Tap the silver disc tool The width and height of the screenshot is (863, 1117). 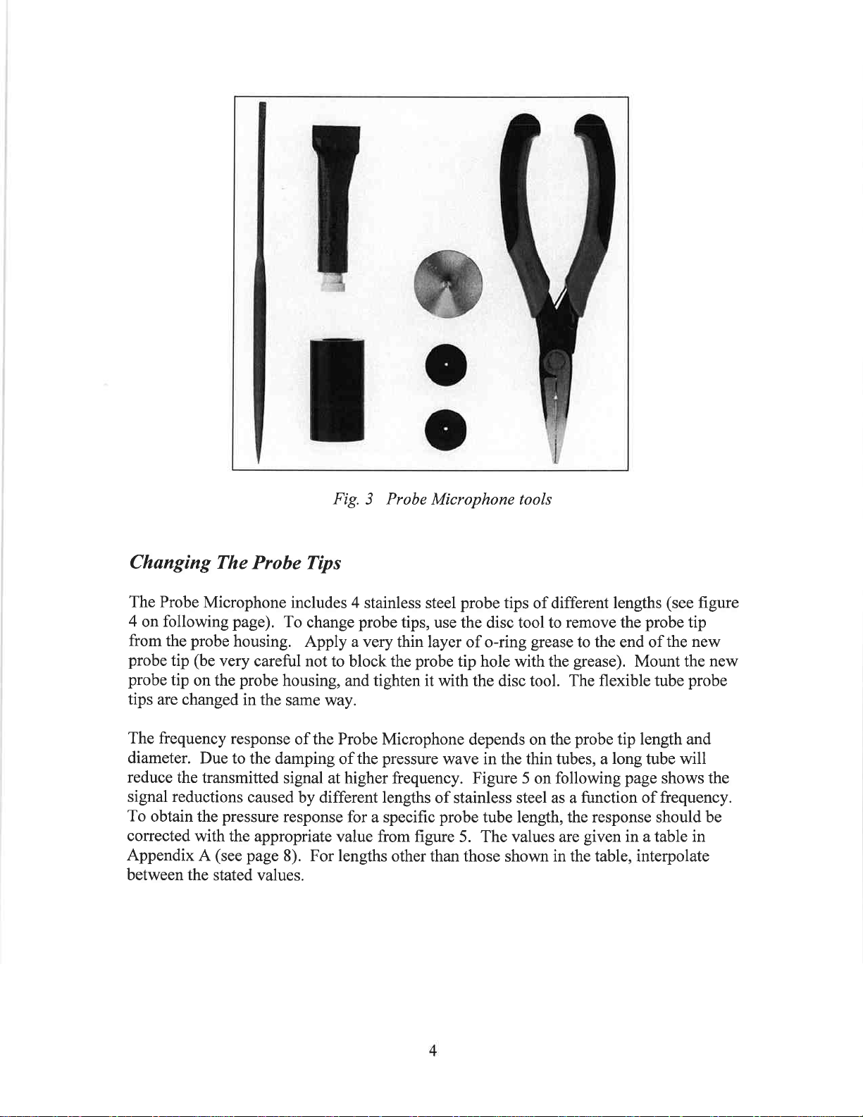[448, 283]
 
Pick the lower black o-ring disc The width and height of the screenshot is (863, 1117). [446, 428]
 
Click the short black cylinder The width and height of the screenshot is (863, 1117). [337, 389]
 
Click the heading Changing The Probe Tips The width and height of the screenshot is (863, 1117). [235, 563]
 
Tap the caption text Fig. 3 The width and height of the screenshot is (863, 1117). [353, 500]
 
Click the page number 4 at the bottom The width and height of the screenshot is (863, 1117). [433, 1051]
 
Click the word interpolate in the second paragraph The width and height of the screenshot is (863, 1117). [672, 856]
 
